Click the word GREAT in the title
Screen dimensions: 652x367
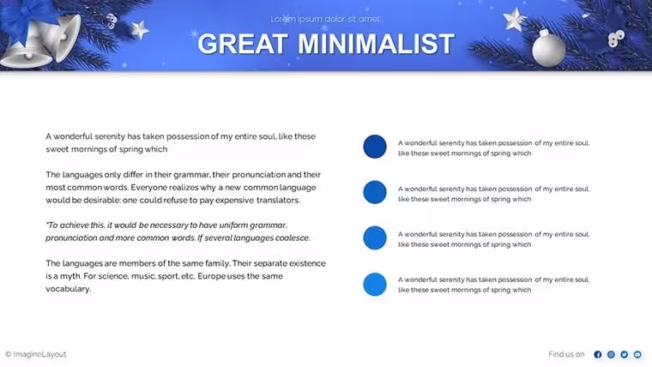click(x=243, y=44)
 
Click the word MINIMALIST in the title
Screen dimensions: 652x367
click(x=377, y=44)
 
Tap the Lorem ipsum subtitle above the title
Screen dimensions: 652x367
click(x=325, y=19)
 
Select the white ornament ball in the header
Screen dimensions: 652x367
click(x=548, y=48)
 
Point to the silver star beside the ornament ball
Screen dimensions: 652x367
click(x=515, y=19)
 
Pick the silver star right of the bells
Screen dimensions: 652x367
click(x=140, y=30)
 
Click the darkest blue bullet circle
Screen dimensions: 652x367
click(x=375, y=147)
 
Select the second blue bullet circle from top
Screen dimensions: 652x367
click(x=375, y=192)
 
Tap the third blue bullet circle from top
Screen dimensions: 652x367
click(x=375, y=238)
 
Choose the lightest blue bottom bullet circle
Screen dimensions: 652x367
click(x=375, y=285)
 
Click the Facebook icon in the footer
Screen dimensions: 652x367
click(x=598, y=354)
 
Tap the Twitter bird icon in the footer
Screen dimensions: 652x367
click(x=625, y=354)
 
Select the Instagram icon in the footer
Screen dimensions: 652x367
click(x=611, y=354)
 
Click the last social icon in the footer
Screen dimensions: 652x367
click(x=637, y=354)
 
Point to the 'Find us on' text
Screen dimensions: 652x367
click(x=566, y=354)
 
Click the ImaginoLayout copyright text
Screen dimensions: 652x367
click(x=36, y=354)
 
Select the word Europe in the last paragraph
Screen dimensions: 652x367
click(x=212, y=276)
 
